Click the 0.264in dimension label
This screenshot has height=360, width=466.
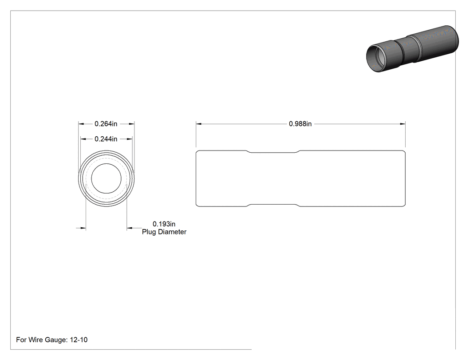106,124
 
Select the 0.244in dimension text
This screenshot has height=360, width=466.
106,139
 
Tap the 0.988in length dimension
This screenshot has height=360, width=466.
300,124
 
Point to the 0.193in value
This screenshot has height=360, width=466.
164,224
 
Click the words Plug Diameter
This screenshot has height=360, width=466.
164,232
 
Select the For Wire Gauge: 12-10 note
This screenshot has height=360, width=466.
52,340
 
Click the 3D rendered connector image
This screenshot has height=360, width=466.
412,49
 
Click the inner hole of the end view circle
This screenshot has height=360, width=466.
106,178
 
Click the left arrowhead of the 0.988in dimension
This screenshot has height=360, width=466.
199,124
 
